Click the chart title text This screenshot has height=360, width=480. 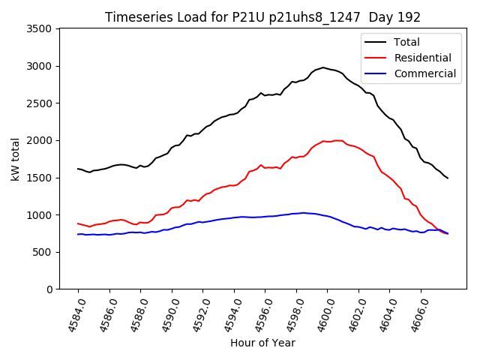click(x=262, y=17)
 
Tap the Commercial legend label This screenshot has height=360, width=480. click(x=424, y=73)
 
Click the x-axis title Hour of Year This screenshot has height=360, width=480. click(x=262, y=343)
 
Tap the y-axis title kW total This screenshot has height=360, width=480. click(x=15, y=159)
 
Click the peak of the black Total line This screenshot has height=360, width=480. click(x=323, y=67)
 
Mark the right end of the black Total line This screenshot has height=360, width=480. click(x=448, y=178)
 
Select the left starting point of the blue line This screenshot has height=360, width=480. click(x=78, y=234)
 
